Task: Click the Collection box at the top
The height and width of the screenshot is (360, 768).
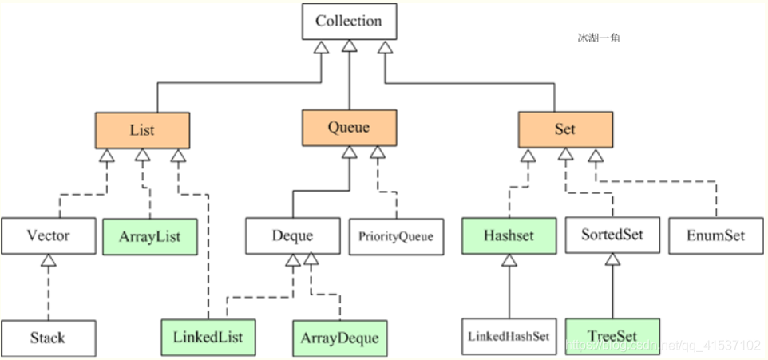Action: pyautogui.click(x=349, y=21)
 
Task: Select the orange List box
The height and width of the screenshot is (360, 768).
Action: pyautogui.click(x=143, y=130)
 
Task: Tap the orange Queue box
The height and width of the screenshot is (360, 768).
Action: pyautogui.click(x=349, y=128)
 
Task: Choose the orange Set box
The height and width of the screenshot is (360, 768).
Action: pyautogui.click(x=565, y=129)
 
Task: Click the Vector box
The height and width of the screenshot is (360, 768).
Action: pyautogui.click(x=48, y=236)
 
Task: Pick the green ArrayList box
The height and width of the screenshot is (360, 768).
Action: pyautogui.click(x=150, y=237)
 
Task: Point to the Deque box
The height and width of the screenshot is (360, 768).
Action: pyautogui.click(x=292, y=236)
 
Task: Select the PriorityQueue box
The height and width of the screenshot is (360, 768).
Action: pyautogui.click(x=396, y=236)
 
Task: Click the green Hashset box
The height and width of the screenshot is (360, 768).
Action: pyautogui.click(x=509, y=236)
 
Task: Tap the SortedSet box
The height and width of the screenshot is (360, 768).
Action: pyautogui.click(x=612, y=235)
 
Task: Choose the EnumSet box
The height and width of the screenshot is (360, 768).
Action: pyautogui.click(x=715, y=236)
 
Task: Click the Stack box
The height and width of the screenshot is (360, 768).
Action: pyautogui.click(x=48, y=338)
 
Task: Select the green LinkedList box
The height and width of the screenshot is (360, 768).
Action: pyautogui.click(x=208, y=338)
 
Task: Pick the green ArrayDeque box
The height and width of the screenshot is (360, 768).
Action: pyautogui.click(x=340, y=338)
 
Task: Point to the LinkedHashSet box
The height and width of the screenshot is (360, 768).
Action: pyautogui.click(x=509, y=337)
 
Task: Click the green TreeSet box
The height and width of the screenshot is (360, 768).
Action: pyautogui.click(x=612, y=337)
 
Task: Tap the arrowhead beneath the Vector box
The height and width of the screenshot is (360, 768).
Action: pyautogui.click(x=48, y=260)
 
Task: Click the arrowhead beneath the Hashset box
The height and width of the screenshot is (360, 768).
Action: pyautogui.click(x=509, y=260)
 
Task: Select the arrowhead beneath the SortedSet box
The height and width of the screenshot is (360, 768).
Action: pyautogui.click(x=612, y=259)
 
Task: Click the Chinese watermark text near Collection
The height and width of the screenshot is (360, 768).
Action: pyautogui.click(x=599, y=38)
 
